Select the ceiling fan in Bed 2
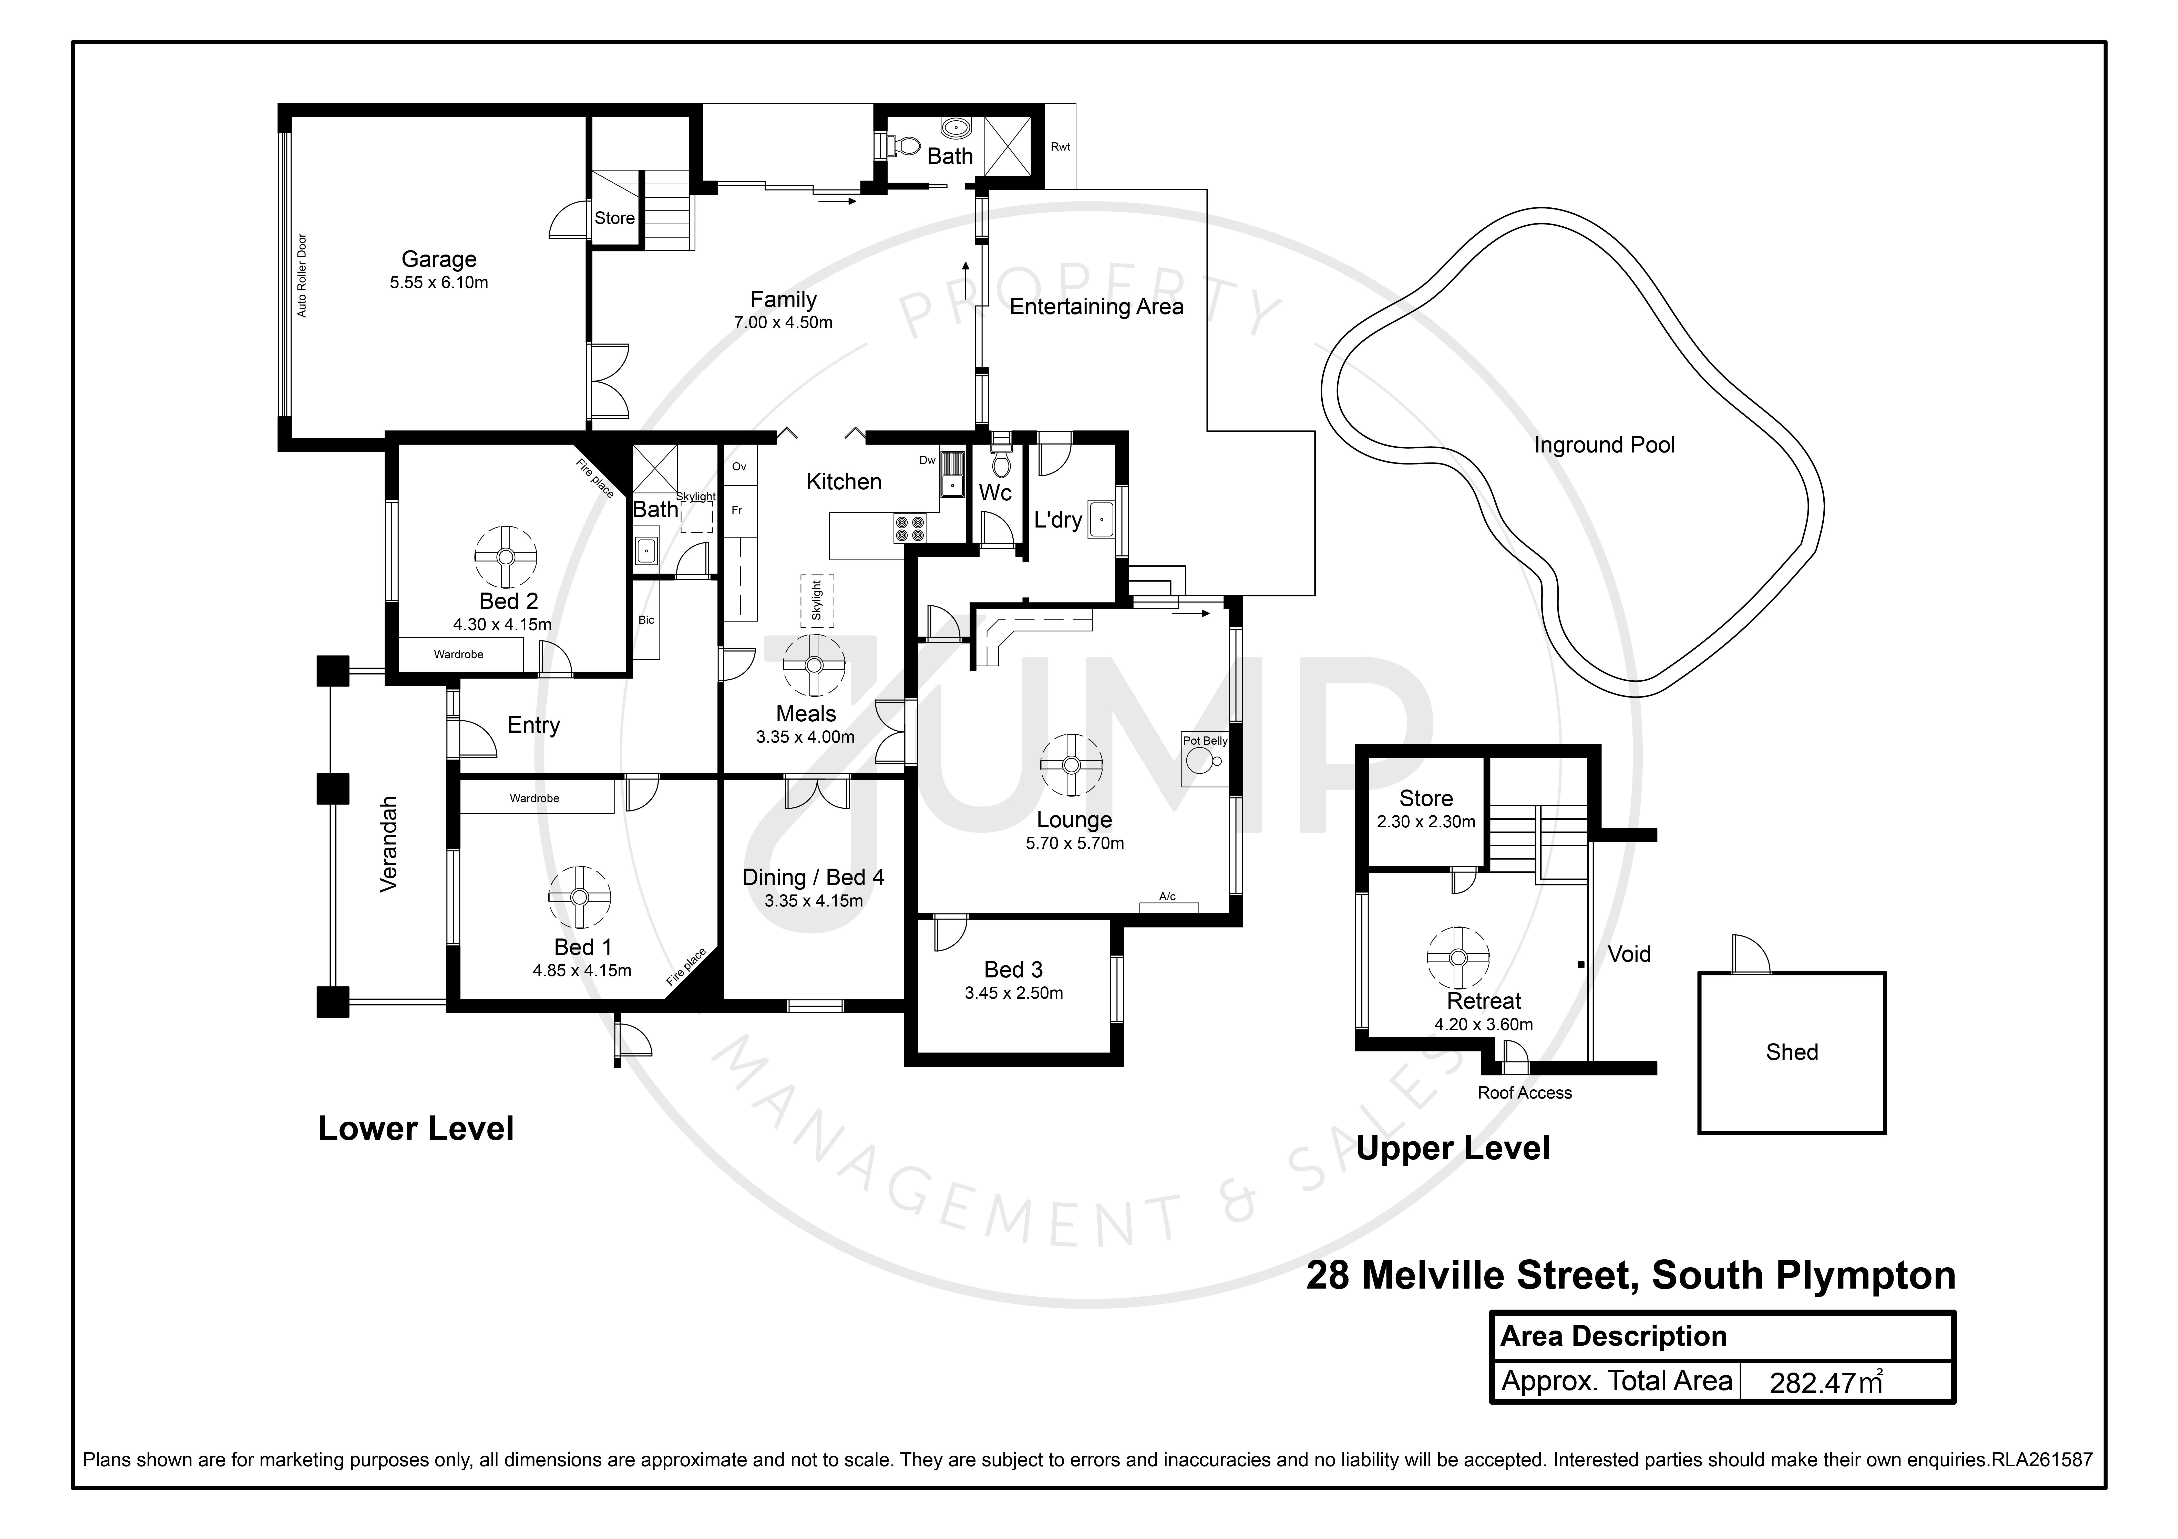pos(506,557)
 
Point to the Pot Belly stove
pos(1204,758)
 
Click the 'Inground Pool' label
pos(1604,445)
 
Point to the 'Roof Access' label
pos(1524,1092)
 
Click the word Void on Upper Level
pos(1629,954)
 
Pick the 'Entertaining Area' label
pos(1097,306)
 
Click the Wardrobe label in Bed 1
pos(534,798)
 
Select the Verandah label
pos(388,844)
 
